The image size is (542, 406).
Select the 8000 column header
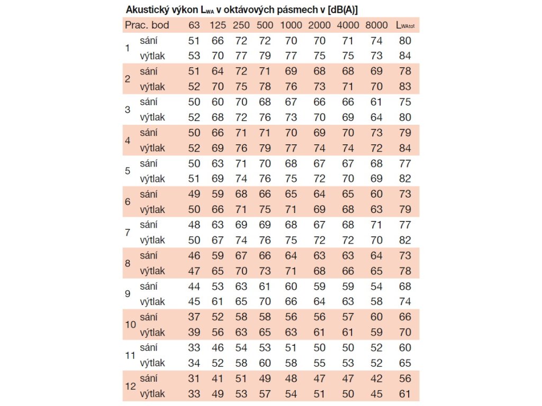click(x=376, y=25)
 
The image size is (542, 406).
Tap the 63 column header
click(x=194, y=25)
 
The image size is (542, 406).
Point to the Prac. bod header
click(x=147, y=25)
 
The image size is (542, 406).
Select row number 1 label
click(x=127, y=48)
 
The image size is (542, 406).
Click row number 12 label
click(x=130, y=386)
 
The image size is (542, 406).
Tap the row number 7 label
click(x=127, y=233)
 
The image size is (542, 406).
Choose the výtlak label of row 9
click(x=152, y=302)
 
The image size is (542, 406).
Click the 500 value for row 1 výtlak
click(x=265, y=56)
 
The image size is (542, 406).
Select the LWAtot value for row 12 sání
click(x=405, y=379)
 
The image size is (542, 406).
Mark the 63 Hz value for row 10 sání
click(x=194, y=317)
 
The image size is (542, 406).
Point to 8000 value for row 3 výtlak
click(x=376, y=117)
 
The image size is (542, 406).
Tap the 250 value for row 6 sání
click(x=241, y=194)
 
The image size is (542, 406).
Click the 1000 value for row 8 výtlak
click(x=291, y=271)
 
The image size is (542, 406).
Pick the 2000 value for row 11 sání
click(x=319, y=348)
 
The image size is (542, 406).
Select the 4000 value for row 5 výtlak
click(x=348, y=179)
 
